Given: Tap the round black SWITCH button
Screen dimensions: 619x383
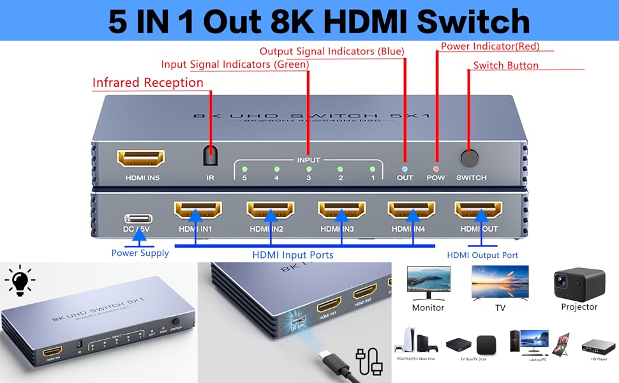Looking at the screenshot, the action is point(470,158).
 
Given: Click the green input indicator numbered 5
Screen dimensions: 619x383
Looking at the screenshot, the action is point(244,169).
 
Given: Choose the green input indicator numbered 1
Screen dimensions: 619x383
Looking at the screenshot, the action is point(372,169).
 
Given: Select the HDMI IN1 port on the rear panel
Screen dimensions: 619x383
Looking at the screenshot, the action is point(198,210).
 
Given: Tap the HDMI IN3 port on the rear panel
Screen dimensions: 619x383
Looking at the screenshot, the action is point(342,210).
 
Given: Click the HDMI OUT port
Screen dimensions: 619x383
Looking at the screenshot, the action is point(478,210).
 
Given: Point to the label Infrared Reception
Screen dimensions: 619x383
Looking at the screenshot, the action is point(147,83).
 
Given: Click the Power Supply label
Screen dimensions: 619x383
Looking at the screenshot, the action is point(140,253).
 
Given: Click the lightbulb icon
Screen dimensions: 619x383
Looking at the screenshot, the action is point(20,280).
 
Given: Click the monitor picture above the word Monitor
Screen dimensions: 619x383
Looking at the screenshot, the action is point(428,282).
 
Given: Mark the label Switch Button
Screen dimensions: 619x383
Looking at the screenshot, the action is point(505,65).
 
